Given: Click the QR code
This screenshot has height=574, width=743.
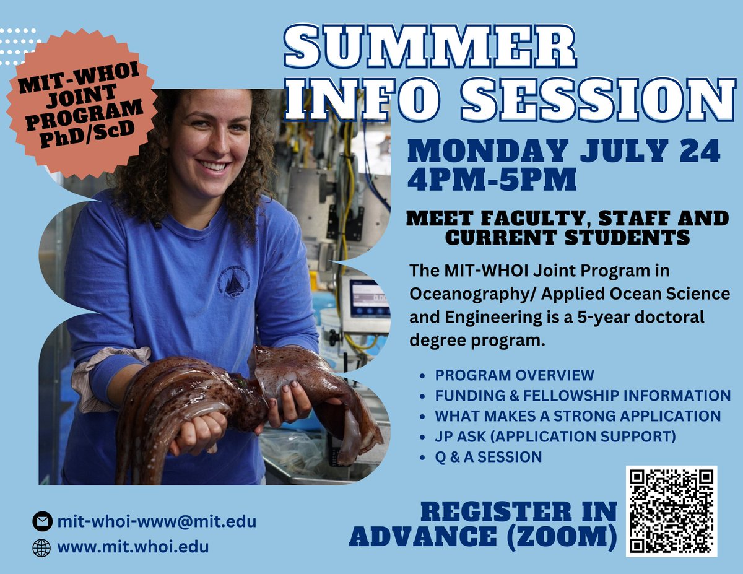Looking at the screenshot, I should click(671, 511).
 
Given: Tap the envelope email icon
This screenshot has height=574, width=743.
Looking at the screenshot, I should click(41, 522).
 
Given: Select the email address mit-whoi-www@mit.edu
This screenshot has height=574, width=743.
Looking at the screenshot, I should click(157, 521).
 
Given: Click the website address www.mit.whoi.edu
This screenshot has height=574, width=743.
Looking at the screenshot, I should click(133, 547).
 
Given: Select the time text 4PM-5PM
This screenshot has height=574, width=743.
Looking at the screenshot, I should click(492, 180).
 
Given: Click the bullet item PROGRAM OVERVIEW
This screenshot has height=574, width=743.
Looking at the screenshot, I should click(515, 375).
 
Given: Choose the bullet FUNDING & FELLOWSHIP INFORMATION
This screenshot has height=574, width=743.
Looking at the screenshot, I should click(583, 396).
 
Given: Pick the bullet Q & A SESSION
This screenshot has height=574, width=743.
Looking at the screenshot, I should click(489, 457).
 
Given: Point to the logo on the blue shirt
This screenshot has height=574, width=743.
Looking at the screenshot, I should click(235, 282).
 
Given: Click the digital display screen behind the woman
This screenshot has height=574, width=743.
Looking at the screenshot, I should click(369, 298).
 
